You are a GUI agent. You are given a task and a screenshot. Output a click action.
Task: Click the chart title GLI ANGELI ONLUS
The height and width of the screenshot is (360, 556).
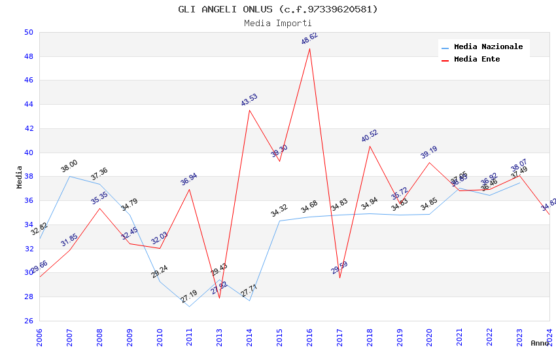278,9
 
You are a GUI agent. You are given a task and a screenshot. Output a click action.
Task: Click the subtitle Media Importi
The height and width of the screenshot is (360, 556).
278,23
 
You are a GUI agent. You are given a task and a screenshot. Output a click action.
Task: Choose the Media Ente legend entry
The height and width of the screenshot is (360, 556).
477,60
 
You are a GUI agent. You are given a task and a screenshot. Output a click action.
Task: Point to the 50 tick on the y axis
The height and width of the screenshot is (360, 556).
28,32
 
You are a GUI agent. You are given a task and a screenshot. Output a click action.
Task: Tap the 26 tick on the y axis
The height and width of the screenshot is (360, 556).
28,321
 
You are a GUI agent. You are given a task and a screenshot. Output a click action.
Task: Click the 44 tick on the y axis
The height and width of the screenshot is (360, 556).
28,104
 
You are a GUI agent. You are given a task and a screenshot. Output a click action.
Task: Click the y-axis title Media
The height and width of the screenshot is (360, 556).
20,177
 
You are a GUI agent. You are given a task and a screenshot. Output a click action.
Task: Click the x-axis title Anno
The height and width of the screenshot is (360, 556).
540,343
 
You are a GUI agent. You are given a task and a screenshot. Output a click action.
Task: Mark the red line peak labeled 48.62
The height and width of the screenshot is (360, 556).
309,48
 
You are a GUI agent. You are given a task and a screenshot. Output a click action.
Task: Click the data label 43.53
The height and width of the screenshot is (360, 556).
249,100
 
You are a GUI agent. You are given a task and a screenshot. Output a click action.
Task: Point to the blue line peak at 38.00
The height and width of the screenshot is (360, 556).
69,176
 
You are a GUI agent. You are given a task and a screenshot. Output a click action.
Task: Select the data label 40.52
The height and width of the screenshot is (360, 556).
370,136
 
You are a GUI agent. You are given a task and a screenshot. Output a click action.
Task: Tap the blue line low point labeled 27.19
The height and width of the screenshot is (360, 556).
189,306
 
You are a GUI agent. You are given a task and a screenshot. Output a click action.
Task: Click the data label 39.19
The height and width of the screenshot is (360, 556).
429,153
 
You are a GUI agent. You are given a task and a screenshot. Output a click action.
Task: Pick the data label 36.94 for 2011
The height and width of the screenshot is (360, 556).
189,179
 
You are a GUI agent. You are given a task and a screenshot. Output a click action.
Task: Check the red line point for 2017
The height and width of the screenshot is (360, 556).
339,278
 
